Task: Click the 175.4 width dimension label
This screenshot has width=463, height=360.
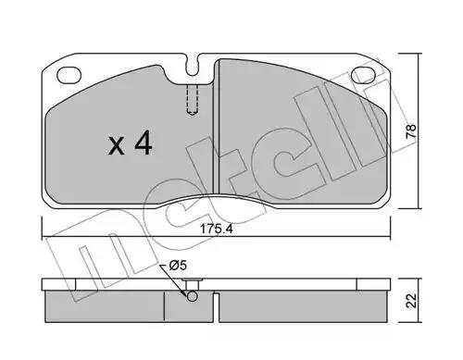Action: (216, 229)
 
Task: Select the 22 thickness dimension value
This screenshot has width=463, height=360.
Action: (411, 300)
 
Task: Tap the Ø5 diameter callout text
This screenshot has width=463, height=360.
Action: (178, 266)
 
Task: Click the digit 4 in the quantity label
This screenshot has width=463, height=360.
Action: (143, 143)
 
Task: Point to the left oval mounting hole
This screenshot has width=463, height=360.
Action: (69, 75)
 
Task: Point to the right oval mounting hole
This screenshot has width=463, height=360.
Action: (364, 75)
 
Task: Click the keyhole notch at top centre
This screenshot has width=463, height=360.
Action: (193, 66)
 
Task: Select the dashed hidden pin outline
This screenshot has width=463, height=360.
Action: (193, 100)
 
